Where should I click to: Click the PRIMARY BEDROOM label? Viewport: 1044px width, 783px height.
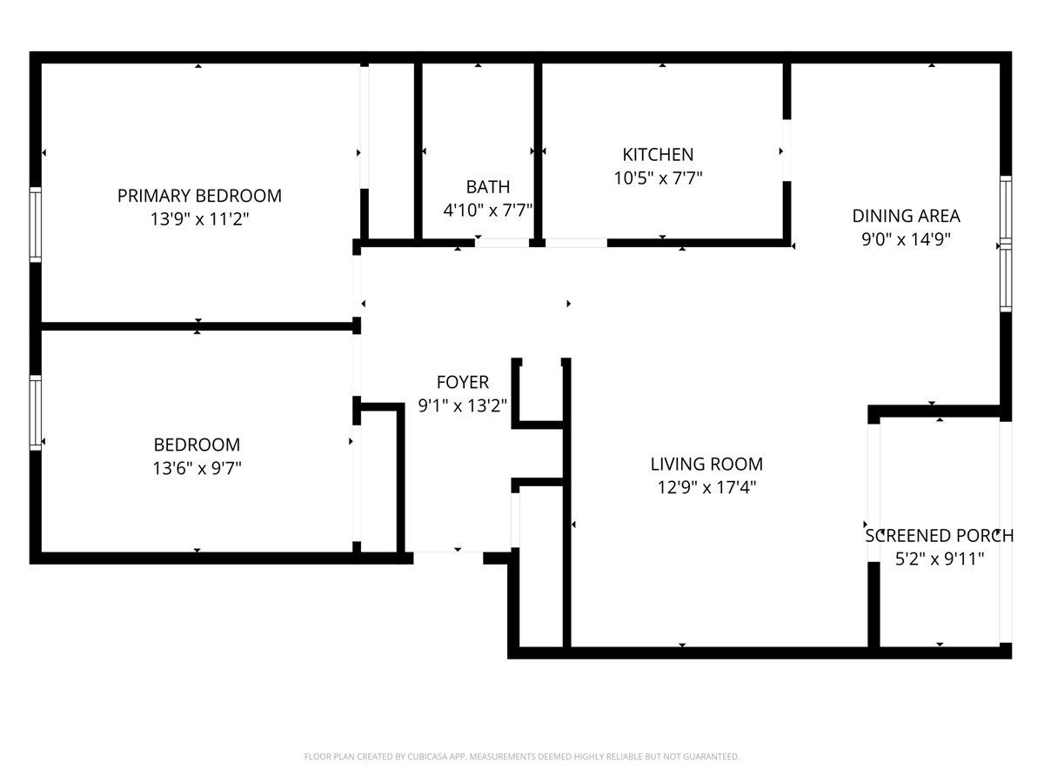coord(199,196)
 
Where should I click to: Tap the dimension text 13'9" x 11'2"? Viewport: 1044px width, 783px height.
coord(199,219)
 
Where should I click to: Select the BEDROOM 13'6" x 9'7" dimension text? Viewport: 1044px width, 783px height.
coord(197,468)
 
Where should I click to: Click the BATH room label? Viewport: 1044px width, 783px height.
coord(487,187)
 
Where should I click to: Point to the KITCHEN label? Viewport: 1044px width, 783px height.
coord(658,155)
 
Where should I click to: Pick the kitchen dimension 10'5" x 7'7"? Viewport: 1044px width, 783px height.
coord(658,178)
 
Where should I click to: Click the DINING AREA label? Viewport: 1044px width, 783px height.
coord(906,216)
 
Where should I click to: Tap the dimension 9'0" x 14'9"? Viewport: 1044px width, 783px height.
coord(906,239)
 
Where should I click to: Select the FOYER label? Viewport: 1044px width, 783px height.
coord(462,382)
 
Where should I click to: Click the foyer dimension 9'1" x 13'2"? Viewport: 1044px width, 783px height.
coord(462,405)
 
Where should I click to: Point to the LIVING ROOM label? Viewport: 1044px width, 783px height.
coord(706,464)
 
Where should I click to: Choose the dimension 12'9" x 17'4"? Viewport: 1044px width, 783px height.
coord(706,487)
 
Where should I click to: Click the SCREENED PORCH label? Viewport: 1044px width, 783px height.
coord(939,535)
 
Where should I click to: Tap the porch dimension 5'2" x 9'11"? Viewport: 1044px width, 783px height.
coord(940,559)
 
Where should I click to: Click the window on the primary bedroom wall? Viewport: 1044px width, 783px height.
coord(36,224)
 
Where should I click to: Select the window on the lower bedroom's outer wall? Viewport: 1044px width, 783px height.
coord(36,412)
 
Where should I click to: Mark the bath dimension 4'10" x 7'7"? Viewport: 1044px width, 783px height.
coord(487,210)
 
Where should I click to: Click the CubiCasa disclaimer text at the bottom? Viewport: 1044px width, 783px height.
coord(522,757)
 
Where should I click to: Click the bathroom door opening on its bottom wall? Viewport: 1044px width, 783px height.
coord(502,243)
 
